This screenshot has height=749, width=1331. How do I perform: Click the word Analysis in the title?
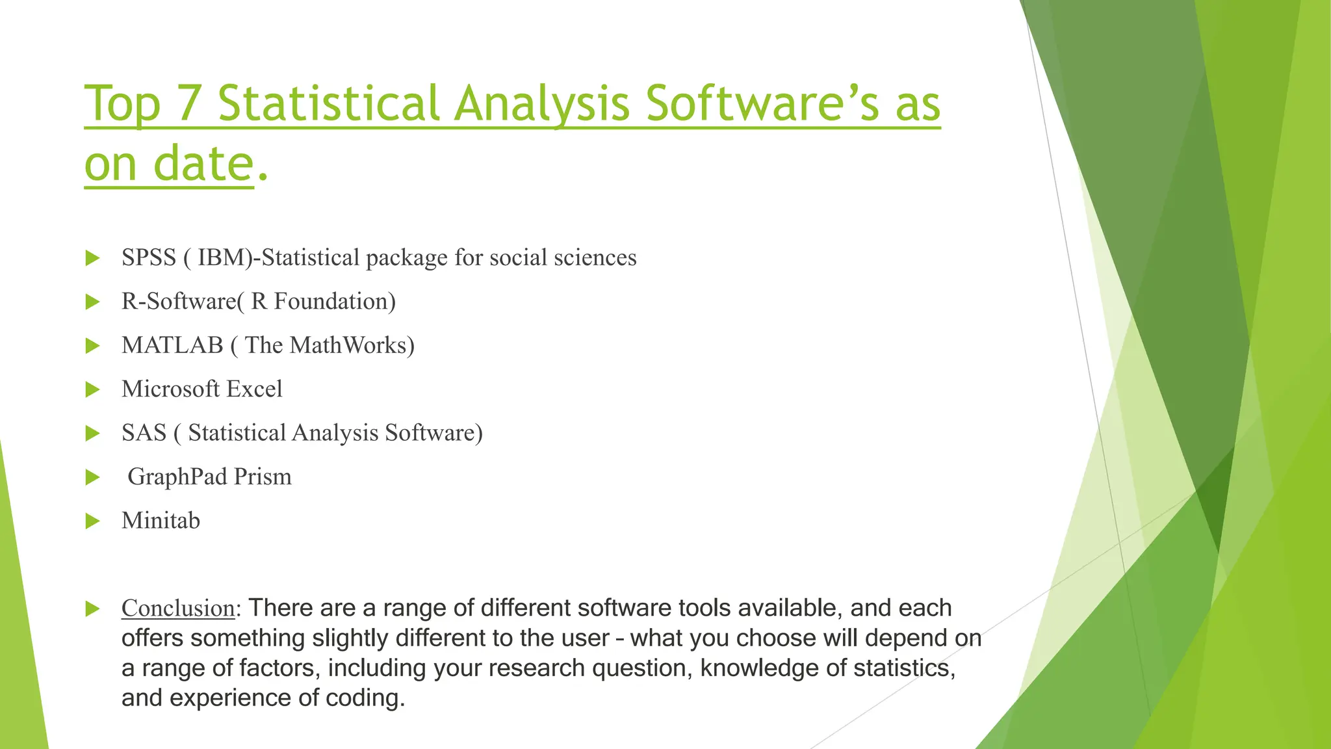coord(541,104)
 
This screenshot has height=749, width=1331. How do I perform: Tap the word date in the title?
coord(203,164)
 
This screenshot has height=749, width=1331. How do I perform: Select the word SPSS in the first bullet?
coord(149,258)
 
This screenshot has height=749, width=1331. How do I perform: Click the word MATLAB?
coord(172,345)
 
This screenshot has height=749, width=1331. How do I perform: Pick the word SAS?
coord(144,433)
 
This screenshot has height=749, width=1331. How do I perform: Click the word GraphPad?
coord(177,477)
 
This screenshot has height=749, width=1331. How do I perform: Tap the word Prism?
coord(263,477)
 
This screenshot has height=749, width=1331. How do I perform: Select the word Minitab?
coord(161,521)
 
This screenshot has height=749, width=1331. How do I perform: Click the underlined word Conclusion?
coord(177,609)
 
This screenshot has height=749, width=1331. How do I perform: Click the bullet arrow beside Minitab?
coord(92,521)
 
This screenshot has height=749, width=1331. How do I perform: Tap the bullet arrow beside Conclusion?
coord(92,609)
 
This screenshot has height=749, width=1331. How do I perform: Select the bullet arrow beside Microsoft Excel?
coord(92,389)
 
